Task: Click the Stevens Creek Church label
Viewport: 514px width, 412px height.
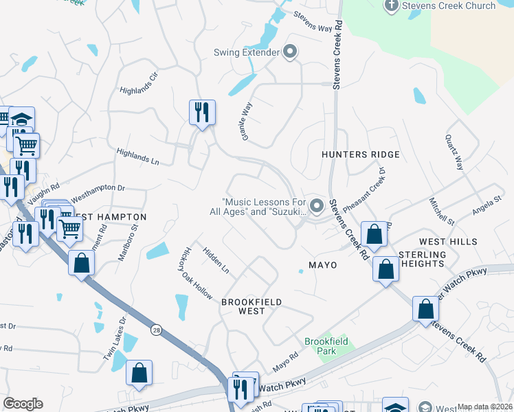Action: pos(449,5)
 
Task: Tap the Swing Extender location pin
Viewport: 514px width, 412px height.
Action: pos(289,51)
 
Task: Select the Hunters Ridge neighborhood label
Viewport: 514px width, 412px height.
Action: pos(361,154)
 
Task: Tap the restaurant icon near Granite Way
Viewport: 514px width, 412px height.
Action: pos(202,111)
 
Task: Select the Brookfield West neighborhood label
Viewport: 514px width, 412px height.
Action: pos(252,306)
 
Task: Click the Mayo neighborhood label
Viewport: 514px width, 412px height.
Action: pos(323,264)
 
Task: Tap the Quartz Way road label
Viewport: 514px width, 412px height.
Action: pos(454,152)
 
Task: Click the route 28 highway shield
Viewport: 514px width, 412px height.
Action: pos(157,310)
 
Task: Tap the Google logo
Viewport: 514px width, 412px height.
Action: pos(23,404)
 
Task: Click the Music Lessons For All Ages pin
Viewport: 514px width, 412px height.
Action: pos(316,205)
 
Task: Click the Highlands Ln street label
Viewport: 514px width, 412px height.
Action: pos(137,157)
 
